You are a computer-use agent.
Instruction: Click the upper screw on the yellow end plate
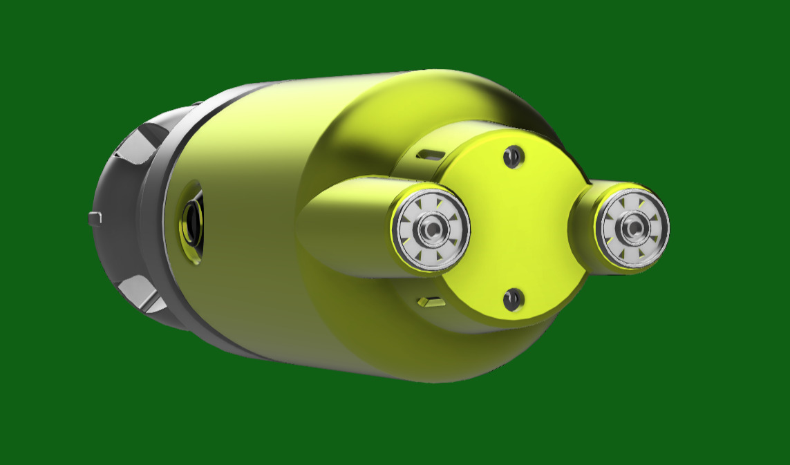(x=512, y=157)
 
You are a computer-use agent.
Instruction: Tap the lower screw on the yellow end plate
(x=512, y=299)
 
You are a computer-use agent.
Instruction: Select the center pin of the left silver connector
(x=431, y=229)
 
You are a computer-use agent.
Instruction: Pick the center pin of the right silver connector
(x=632, y=227)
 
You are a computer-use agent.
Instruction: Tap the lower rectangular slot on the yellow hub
(x=430, y=301)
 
